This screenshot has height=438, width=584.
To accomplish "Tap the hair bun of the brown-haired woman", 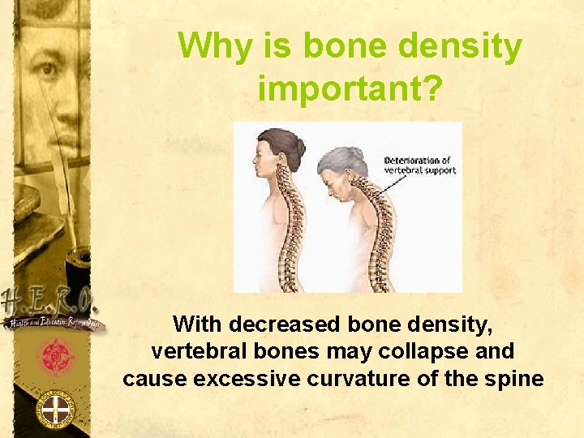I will coord(300,148).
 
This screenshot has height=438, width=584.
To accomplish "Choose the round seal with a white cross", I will coord(54,410).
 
